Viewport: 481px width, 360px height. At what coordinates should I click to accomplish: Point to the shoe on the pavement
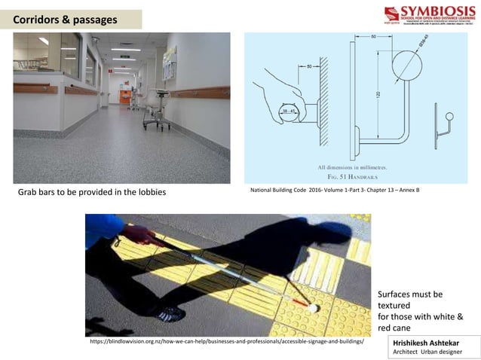pyautogui.click(x=167, y=312)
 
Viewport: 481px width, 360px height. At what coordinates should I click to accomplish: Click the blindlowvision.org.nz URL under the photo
pyautogui.click(x=226, y=342)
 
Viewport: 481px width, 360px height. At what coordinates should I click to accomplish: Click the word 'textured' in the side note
pyautogui.click(x=394, y=307)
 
